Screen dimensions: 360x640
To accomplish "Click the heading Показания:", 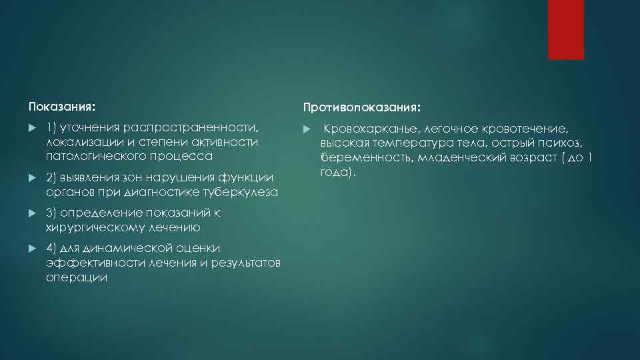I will point(62,107).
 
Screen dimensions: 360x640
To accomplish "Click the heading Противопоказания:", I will point(361,107).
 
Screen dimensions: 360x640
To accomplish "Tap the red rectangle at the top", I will point(565,30).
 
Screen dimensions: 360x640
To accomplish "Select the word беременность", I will point(357,157).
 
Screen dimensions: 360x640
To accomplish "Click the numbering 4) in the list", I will point(53,249).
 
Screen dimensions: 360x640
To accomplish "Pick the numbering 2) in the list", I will point(53,177).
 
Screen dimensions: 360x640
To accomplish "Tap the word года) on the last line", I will point(337,172).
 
